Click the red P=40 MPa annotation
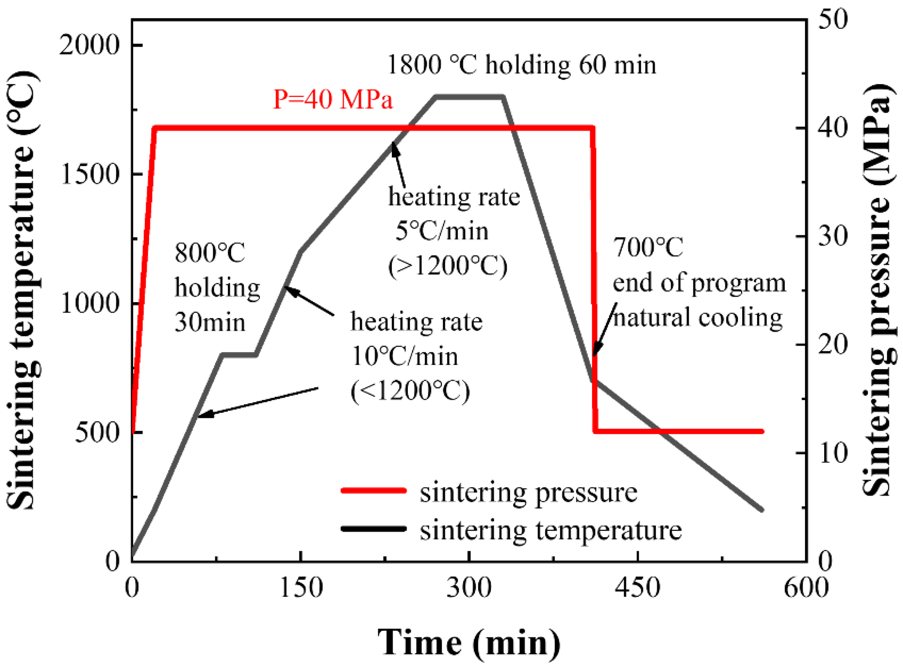(333, 99)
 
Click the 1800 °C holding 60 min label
(522, 65)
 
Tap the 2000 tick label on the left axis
(90, 45)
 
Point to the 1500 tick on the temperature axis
(90, 174)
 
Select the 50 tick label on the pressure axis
(833, 19)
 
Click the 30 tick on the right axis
(833, 237)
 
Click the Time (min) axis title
(469, 642)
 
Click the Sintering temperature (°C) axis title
(23, 290)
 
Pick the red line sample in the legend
(373, 490)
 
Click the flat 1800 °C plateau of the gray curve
(469, 97)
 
